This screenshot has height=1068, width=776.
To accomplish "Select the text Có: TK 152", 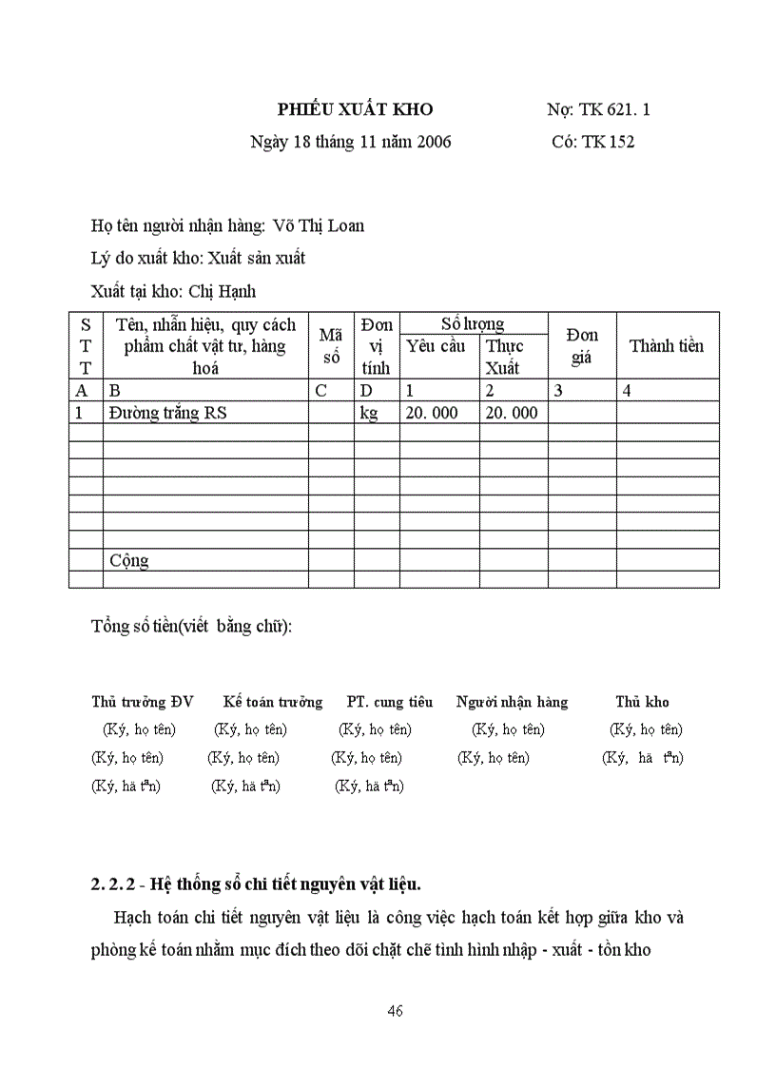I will (592, 143).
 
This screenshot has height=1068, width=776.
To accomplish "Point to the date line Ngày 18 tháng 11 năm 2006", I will (350, 143).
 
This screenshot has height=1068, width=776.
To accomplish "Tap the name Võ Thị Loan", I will (318, 226).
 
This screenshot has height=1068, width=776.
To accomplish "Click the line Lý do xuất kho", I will (198, 258).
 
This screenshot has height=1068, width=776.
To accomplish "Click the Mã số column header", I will (330, 346).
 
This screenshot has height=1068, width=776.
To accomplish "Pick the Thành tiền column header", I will (666, 346).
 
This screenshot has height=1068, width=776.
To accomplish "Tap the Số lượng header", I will (473, 324).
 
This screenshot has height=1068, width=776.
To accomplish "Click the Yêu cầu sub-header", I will (436, 346).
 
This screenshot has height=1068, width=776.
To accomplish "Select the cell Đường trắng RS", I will (167, 413).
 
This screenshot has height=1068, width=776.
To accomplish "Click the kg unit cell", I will (369, 413).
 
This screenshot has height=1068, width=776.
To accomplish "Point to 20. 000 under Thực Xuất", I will (512, 413).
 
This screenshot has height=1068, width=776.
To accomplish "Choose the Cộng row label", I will (129, 560).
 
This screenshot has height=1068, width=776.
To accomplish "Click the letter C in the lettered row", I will (320, 390).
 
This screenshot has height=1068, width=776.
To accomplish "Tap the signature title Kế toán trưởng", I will (273, 703).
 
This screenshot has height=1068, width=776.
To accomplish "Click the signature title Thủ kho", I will (642, 703).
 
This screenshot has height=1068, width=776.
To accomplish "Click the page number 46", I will (396, 1011).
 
